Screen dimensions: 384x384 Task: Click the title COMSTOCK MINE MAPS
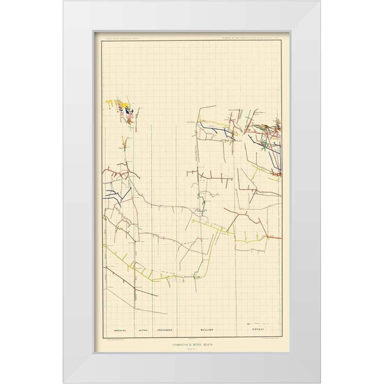click(x=191, y=346)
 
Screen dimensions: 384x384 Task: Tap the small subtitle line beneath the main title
click(x=191, y=350)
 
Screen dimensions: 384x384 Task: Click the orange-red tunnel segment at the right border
click(x=274, y=238)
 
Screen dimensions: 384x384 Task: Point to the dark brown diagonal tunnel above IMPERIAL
click(x=131, y=283)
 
